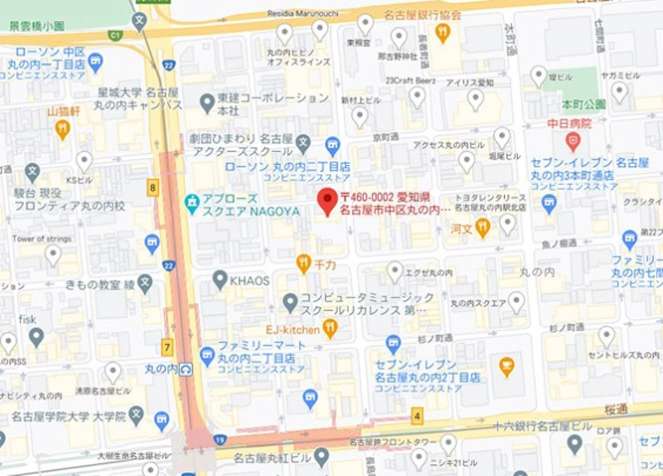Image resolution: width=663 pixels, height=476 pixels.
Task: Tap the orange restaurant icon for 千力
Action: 304,263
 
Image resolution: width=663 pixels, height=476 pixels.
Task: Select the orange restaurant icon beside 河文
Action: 482,228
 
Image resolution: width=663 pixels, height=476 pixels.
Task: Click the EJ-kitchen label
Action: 291,328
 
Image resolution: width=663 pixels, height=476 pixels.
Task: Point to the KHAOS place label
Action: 249,280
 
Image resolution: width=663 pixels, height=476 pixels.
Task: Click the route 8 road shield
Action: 152,186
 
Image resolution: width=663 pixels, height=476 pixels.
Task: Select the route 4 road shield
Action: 417,415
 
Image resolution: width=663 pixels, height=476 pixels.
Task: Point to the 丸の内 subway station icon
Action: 186,369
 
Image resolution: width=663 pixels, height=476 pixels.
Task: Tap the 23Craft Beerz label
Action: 413,80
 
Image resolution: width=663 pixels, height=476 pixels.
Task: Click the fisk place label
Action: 27,319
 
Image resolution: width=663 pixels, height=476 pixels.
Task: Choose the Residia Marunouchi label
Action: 304,14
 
